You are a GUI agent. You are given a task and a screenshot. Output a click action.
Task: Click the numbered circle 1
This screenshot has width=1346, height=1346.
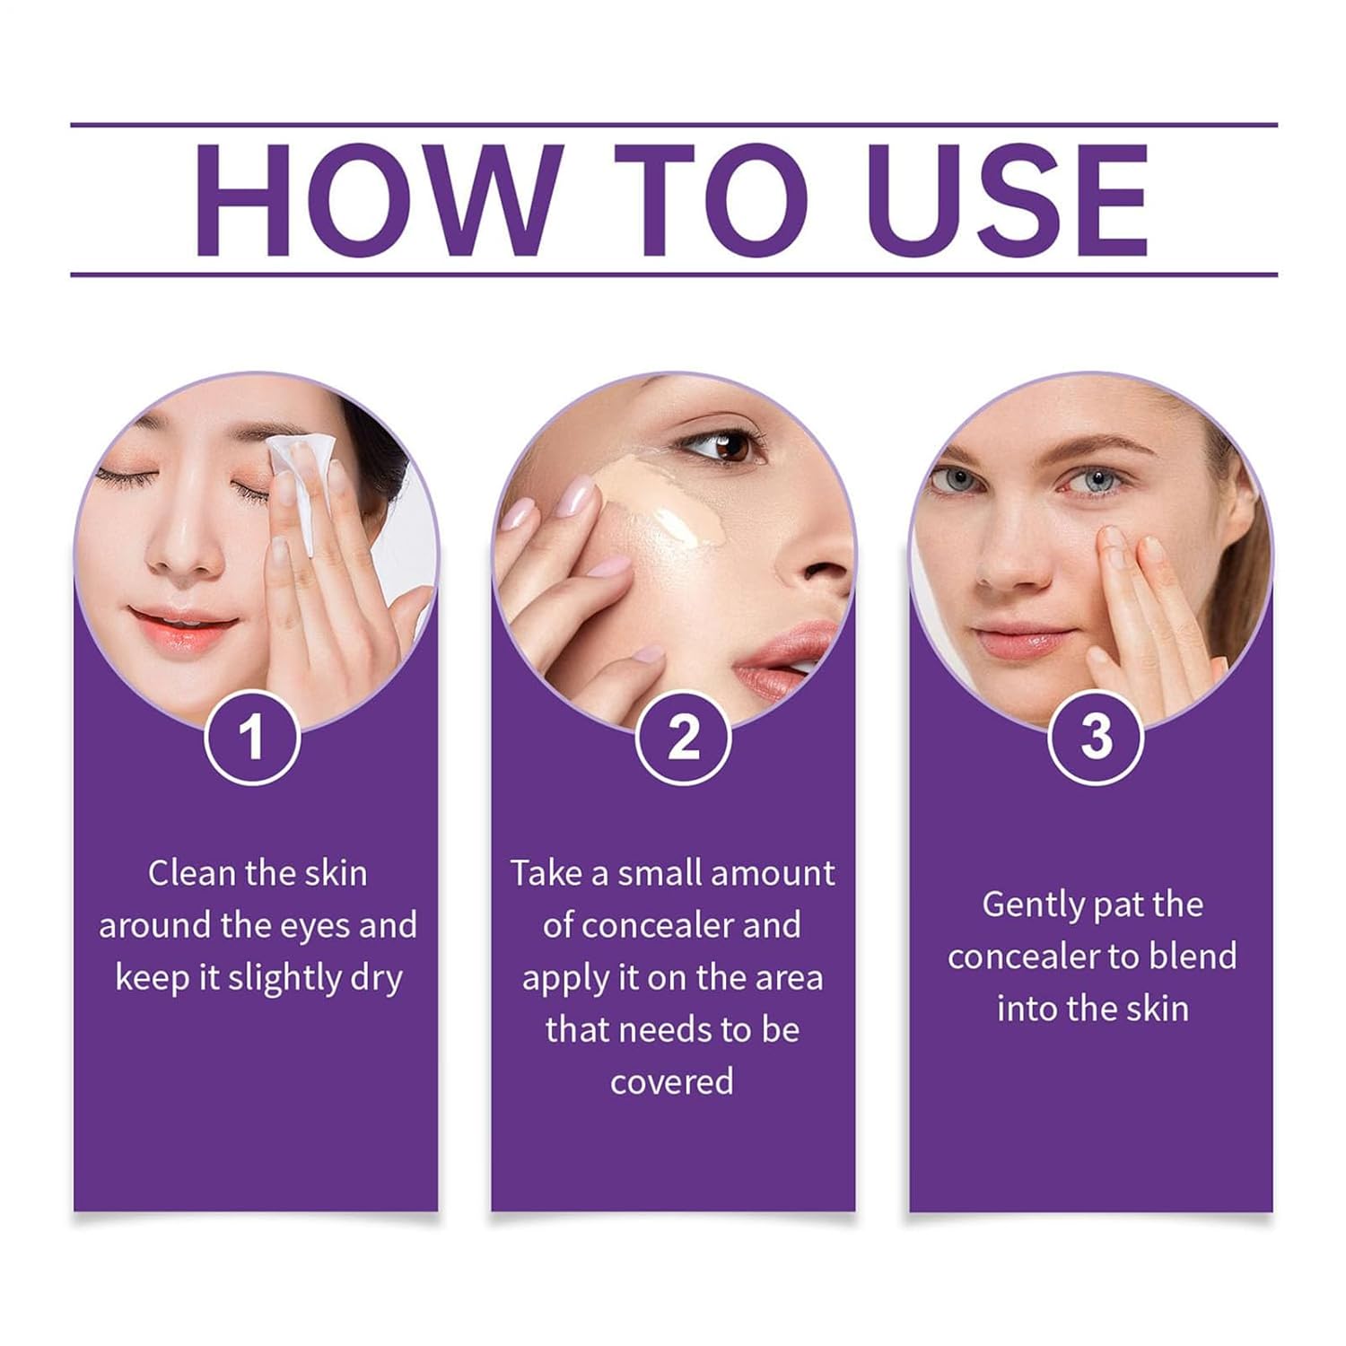[252, 737]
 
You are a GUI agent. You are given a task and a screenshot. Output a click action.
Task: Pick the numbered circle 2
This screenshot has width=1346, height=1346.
[684, 737]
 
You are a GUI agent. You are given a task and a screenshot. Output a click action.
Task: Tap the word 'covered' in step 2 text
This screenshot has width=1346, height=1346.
[672, 1082]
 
